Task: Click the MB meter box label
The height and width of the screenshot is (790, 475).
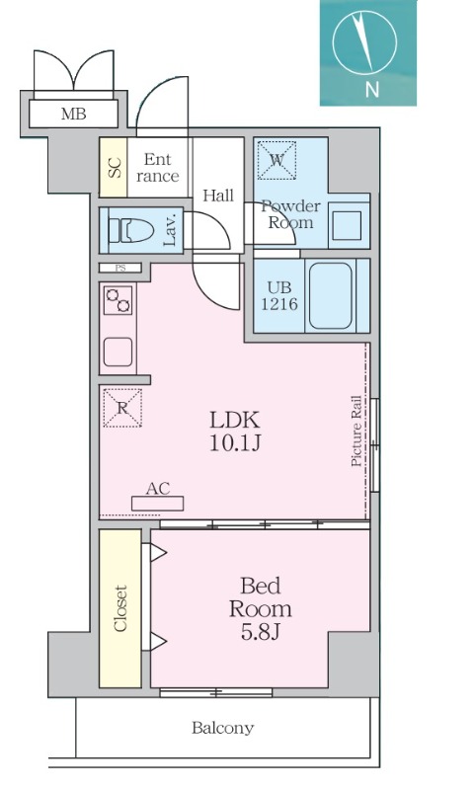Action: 73,115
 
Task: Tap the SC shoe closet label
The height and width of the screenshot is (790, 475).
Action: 115,167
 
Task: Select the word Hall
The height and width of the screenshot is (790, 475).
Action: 218,195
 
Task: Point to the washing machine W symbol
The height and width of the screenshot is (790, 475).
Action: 277,160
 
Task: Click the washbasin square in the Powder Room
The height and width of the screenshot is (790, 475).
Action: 347,226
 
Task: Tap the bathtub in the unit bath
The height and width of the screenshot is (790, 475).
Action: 331,295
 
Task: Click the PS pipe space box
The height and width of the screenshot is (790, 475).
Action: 119,268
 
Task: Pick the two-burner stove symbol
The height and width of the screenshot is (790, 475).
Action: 119,300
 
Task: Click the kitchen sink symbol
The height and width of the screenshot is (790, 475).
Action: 119,352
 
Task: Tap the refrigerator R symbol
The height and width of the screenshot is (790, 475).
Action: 122,408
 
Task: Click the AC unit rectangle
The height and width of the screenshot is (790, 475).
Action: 158,504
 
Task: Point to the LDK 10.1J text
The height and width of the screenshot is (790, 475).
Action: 235,431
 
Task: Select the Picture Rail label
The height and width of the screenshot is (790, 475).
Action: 356,431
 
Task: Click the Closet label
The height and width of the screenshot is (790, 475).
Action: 119,608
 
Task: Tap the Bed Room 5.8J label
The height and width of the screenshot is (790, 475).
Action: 260,608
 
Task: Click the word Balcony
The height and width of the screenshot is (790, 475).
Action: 222,728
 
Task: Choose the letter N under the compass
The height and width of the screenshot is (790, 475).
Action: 371,90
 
